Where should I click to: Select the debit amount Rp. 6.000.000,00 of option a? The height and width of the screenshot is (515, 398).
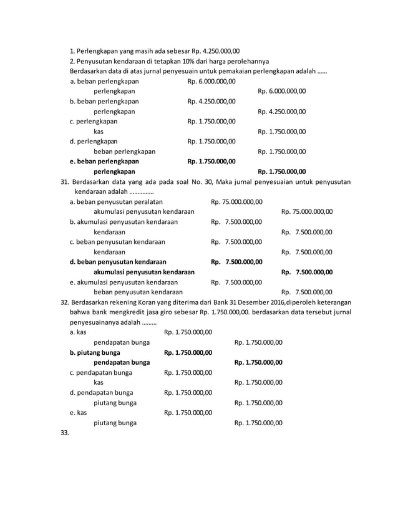211,81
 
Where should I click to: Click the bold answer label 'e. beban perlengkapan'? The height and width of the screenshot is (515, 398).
104,161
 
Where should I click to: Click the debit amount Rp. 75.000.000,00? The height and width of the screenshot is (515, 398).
236,201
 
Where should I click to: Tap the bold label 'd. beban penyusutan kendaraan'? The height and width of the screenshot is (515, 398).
118,261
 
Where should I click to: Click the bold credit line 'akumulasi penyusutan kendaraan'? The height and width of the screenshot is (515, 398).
143,271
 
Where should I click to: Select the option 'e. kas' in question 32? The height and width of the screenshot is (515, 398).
78,412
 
